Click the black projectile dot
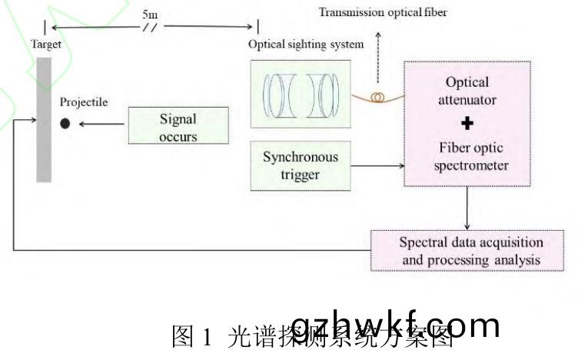pos(65,123)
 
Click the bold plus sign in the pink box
pos(467,123)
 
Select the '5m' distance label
pos(151,14)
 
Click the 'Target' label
pos(45,45)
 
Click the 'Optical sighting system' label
pos(306,44)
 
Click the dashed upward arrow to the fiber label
pos(377,58)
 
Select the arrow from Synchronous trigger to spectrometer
pos(376,164)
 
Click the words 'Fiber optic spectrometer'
pos(467,154)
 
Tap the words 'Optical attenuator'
pos(467,90)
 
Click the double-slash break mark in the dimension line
pos(151,27)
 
